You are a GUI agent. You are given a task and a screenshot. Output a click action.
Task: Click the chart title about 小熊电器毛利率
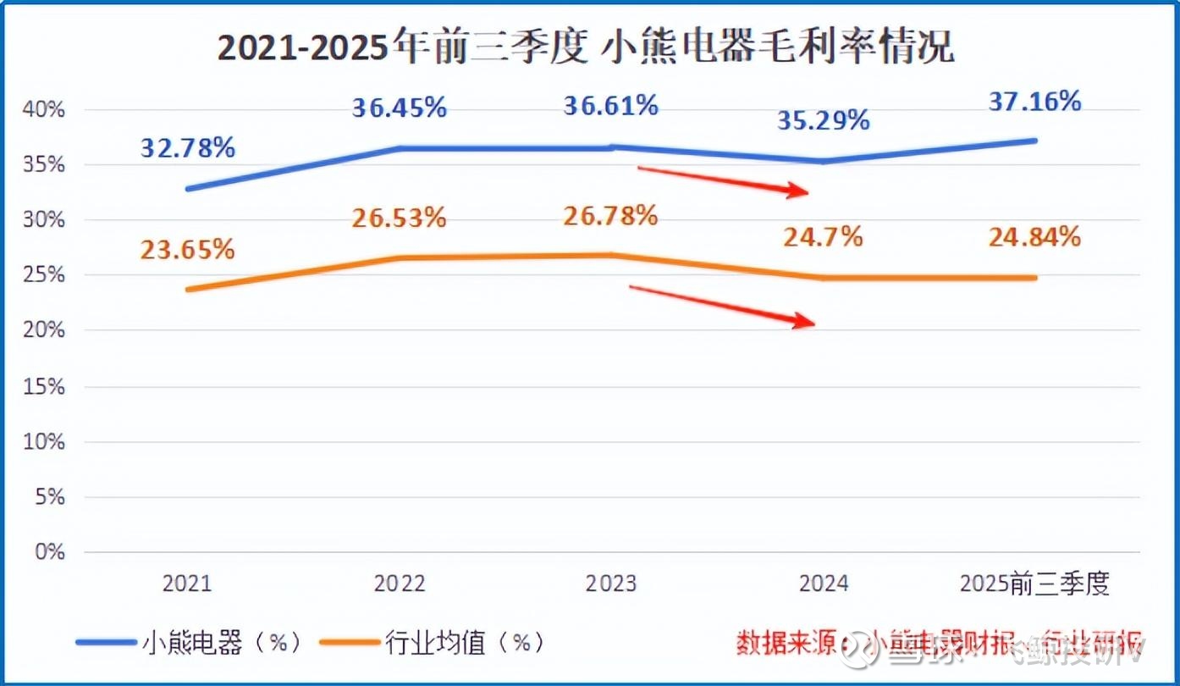pyautogui.click(x=586, y=48)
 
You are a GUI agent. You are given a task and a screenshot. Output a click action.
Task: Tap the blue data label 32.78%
pyautogui.click(x=187, y=147)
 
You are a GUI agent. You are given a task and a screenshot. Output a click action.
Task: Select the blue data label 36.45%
pyautogui.click(x=399, y=108)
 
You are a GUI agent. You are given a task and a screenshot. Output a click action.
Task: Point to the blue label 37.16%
pyautogui.click(x=1034, y=102)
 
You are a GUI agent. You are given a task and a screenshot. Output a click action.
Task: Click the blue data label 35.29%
pyautogui.click(x=823, y=120)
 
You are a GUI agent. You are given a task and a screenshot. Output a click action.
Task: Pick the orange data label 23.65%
pyautogui.click(x=187, y=250)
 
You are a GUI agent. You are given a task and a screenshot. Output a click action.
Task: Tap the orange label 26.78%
pyautogui.click(x=610, y=215)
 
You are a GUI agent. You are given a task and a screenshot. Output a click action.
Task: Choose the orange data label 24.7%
pyautogui.click(x=823, y=237)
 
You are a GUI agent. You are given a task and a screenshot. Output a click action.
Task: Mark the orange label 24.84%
pyautogui.click(x=1034, y=237)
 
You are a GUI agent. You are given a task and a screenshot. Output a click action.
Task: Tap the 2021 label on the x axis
pyautogui.click(x=187, y=584)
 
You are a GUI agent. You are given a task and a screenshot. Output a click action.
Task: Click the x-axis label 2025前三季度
pyautogui.click(x=1034, y=584)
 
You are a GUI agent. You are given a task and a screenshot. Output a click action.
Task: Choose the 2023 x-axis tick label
pyautogui.click(x=610, y=584)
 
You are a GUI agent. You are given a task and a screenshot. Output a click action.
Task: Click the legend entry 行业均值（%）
pyautogui.click(x=432, y=643)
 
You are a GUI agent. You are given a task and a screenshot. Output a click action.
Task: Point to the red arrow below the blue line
pyautogui.click(x=723, y=180)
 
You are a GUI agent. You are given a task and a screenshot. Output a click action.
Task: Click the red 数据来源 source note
pyautogui.click(x=940, y=643)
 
